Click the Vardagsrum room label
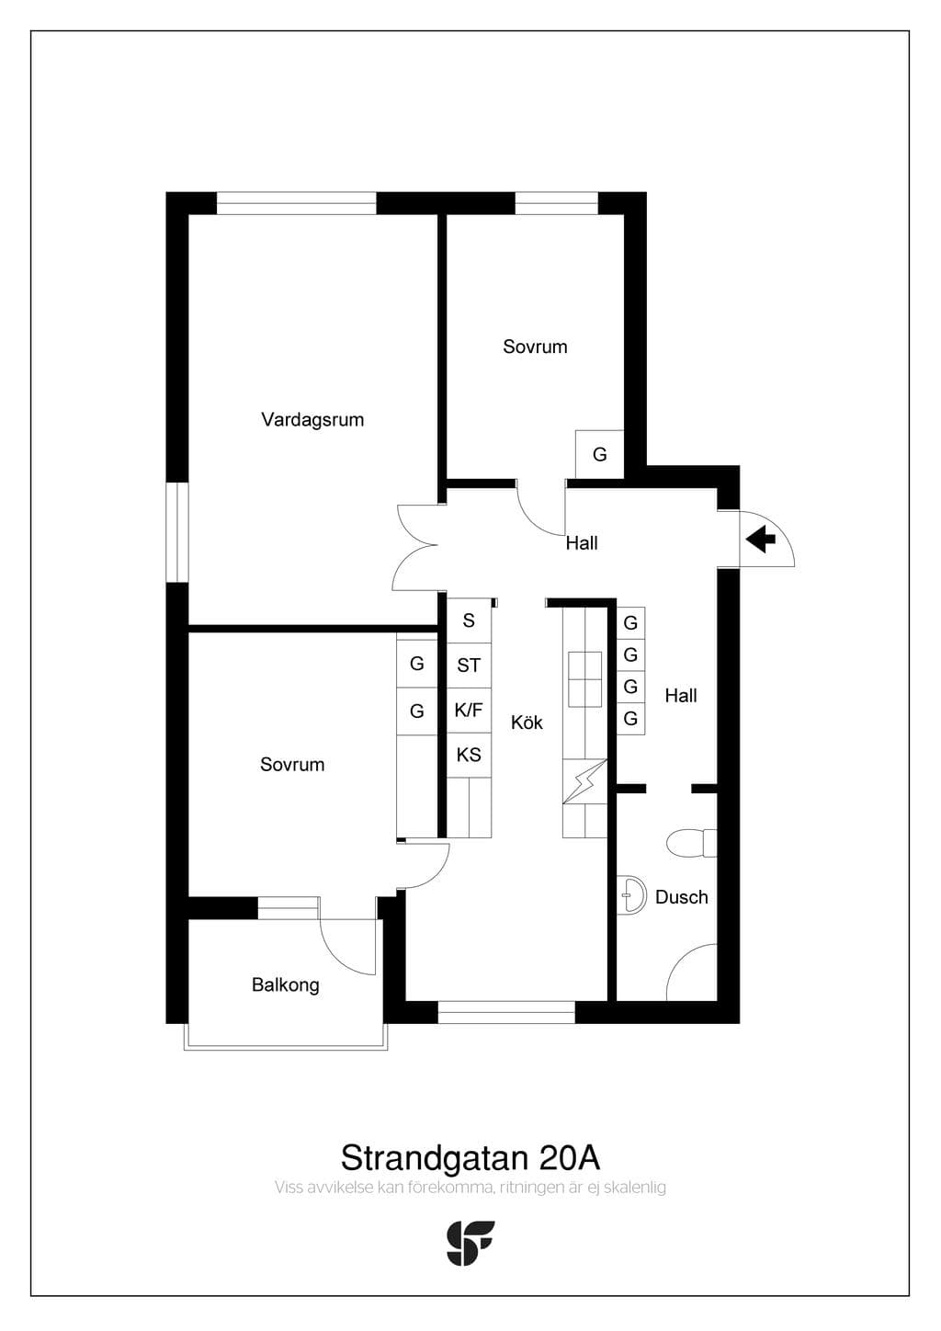tap(312, 420)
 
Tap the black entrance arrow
tap(761, 540)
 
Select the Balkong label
tap(285, 985)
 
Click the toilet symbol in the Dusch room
tap(691, 843)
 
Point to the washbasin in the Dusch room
tap(631, 893)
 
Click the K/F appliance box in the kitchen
tap(469, 710)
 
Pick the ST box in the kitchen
tap(469, 665)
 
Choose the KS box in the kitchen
tap(469, 755)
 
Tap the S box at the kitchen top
tap(469, 621)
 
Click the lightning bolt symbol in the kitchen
tap(585, 781)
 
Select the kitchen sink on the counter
tap(585, 679)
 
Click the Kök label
tap(527, 722)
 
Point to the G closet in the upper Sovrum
tap(599, 454)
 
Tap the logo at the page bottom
tap(470, 1243)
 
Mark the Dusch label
tap(681, 897)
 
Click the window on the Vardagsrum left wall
tap(177, 532)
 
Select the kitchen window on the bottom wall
tap(506, 1012)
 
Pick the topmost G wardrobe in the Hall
tap(630, 622)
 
